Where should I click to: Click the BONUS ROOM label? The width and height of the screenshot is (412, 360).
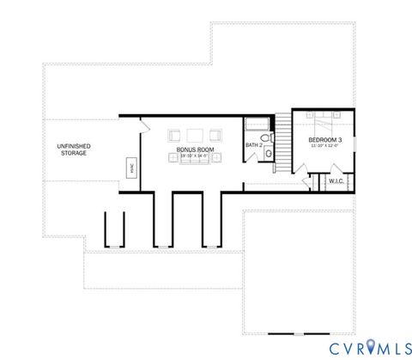194,149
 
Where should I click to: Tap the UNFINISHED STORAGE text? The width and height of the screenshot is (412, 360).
74,150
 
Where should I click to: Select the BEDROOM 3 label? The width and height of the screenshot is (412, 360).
325,140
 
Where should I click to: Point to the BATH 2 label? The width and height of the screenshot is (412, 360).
253,145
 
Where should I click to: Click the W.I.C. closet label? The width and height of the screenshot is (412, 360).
336,181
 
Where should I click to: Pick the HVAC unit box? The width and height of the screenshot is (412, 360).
131,167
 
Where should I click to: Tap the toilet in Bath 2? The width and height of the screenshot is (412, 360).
268,153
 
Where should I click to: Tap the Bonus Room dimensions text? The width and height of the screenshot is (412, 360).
194,156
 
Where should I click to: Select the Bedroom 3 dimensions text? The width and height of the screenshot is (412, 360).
325,146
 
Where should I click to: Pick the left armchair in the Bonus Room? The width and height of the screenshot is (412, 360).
175,135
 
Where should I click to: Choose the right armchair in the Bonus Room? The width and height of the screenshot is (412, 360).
214,135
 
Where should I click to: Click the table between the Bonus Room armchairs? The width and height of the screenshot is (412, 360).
194,134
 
